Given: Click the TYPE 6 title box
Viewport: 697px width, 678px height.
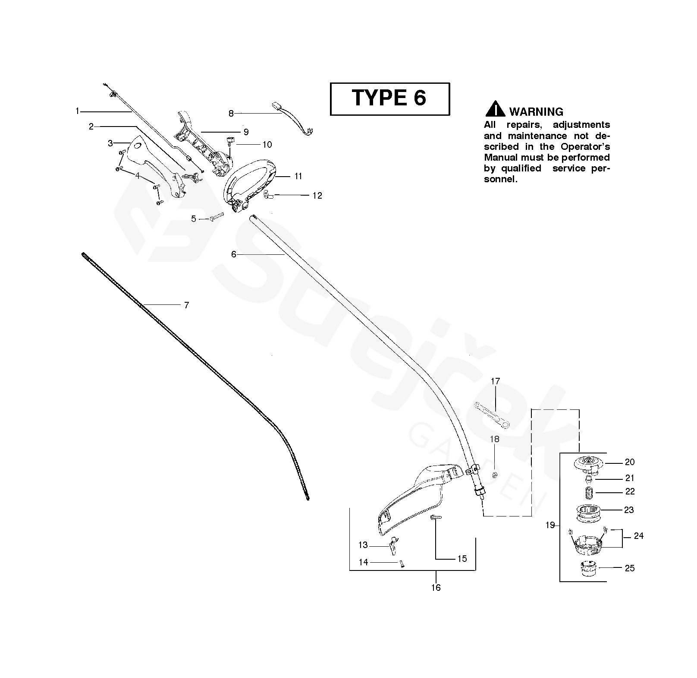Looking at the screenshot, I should pyautogui.click(x=389, y=99).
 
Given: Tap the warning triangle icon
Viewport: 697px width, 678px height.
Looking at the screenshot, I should pyautogui.click(x=495, y=109).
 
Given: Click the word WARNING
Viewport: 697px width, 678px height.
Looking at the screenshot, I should pyautogui.click(x=536, y=112).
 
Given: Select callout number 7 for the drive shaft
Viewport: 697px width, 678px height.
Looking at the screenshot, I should pyautogui.click(x=186, y=305).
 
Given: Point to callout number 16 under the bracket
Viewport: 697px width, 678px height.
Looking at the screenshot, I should pyautogui.click(x=436, y=587).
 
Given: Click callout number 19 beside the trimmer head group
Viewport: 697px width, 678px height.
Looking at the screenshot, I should pyautogui.click(x=550, y=526).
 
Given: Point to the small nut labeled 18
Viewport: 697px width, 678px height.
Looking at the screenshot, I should pyautogui.click(x=495, y=475).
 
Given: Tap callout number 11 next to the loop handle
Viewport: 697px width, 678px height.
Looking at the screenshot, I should pyautogui.click(x=298, y=176).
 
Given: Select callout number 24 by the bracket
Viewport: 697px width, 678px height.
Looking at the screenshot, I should pyautogui.click(x=638, y=536).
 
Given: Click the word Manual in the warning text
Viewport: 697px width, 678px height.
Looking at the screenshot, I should pyautogui.click(x=499, y=157).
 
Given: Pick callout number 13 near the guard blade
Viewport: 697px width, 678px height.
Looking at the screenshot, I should pyautogui.click(x=363, y=545).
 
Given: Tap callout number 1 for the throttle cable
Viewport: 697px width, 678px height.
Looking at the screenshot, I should pyautogui.click(x=77, y=111).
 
